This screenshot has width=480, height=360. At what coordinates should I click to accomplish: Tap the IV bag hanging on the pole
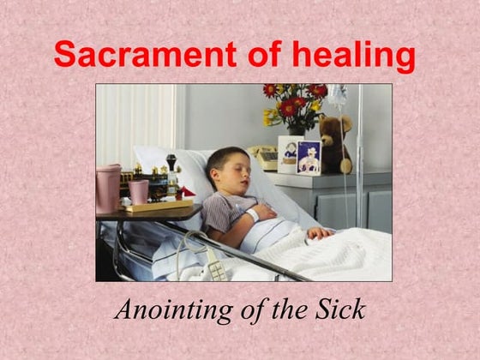(x=337, y=95)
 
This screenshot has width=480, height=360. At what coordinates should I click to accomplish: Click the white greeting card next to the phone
(x=288, y=153)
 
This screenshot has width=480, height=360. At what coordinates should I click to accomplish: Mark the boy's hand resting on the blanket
(x=320, y=232)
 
